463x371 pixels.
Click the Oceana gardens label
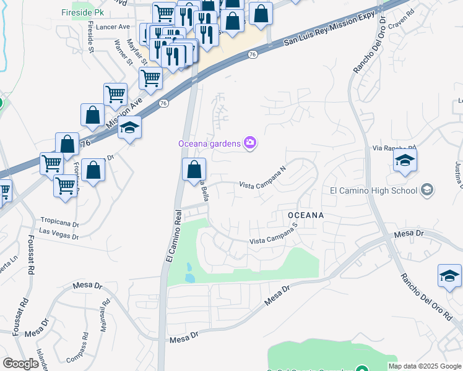(209, 143)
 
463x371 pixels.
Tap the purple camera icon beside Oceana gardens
(250, 143)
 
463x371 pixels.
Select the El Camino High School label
(373, 190)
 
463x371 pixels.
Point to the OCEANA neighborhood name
(306, 215)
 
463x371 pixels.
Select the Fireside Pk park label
(83, 12)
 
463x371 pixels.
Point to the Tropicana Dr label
(60, 221)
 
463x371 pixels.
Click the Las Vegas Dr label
(59, 233)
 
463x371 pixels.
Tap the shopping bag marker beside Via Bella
(194, 169)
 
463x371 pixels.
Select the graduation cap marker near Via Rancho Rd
(405, 160)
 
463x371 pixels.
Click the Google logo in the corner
(20, 364)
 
